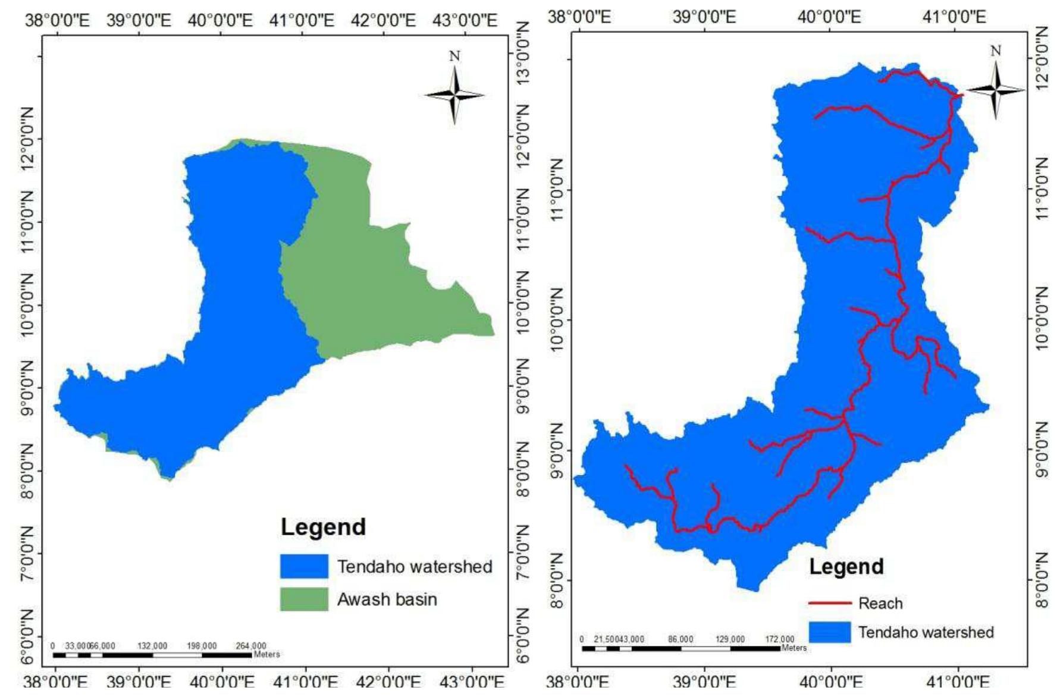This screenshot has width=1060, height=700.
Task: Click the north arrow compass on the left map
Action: (x=454, y=94)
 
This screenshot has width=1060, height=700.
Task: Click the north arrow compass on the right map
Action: (x=996, y=89)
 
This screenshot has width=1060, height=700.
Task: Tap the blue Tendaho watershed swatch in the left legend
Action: (x=304, y=566)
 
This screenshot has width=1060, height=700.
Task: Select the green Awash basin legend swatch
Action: (x=304, y=599)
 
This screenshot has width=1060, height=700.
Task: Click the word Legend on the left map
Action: (x=323, y=527)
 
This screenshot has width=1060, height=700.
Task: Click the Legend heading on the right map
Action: (x=846, y=566)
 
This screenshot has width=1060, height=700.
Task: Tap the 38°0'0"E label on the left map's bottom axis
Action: (x=56, y=682)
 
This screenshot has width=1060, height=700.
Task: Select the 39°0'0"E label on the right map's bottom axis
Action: (x=704, y=682)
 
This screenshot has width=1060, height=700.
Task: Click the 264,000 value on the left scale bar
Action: (x=251, y=646)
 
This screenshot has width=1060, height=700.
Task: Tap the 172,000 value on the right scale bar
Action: (x=779, y=639)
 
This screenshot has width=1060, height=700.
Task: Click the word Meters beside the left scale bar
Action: (x=266, y=654)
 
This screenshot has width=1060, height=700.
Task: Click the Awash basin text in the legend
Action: (x=387, y=599)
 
